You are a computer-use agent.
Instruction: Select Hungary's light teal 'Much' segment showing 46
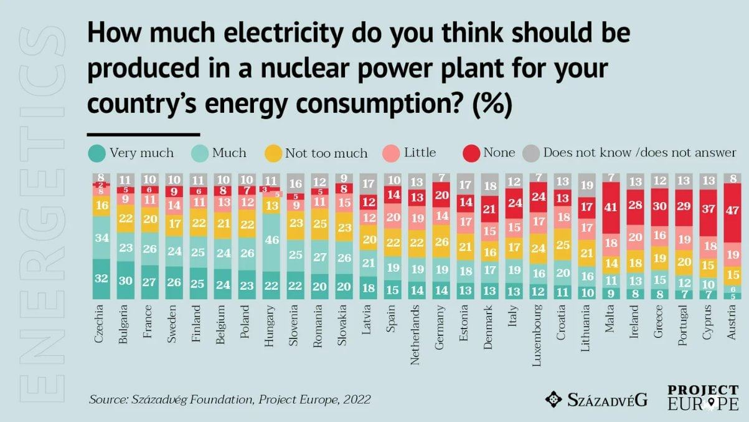[271, 239]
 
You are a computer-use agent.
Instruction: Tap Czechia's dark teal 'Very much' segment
[101, 279]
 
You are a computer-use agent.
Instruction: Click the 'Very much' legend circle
[96, 153]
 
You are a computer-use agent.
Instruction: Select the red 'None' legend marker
[472, 153]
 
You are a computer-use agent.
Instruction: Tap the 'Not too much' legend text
[326, 153]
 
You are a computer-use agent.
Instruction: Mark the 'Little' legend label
[420, 153]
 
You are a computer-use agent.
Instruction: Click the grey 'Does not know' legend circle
[530, 153]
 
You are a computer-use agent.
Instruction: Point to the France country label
[146, 324]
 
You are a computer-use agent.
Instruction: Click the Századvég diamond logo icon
[554, 399]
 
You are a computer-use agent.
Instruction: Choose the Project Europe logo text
[703, 398]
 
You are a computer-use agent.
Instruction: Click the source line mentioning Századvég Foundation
[230, 399]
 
